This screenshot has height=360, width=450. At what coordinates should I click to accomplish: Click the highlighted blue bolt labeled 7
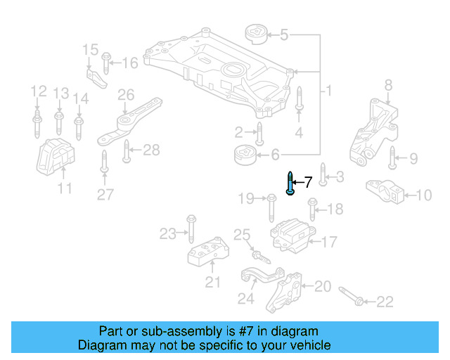290,184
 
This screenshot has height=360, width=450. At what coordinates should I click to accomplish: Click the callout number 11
65,188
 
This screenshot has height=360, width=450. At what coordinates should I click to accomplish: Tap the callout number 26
126,95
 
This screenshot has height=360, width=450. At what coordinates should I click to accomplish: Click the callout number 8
387,86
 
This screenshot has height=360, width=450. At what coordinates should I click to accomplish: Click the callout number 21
212,283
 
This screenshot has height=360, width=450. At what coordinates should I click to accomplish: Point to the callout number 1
328,91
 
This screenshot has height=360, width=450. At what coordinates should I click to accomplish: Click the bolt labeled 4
299,100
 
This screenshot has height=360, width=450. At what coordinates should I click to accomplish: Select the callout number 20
323,286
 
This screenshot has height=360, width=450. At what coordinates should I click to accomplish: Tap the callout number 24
245,300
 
